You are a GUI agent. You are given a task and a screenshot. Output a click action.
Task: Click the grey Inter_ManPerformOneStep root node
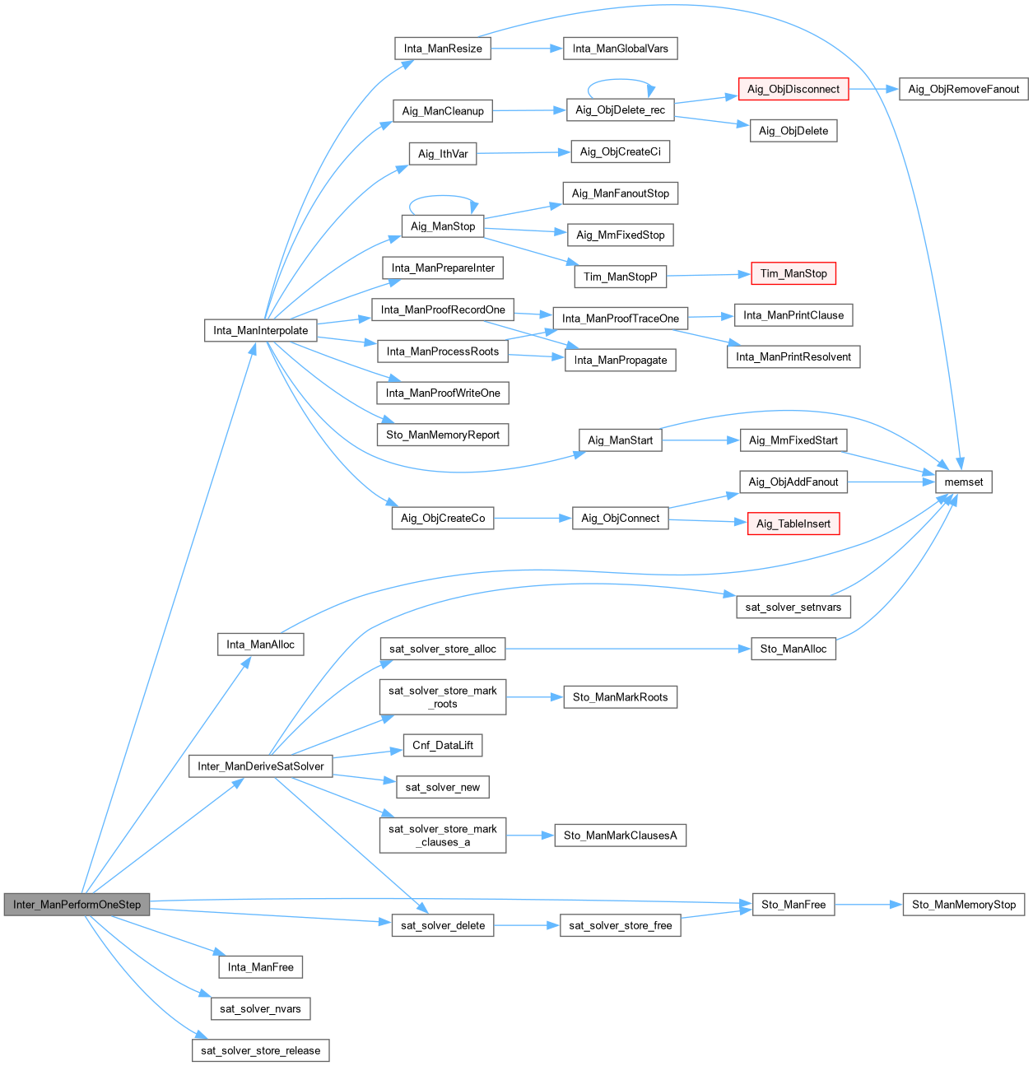77,904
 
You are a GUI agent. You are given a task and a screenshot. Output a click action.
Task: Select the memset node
963,482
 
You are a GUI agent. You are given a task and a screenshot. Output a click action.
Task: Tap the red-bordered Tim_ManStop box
793,273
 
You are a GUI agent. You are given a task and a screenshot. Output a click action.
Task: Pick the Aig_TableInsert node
793,524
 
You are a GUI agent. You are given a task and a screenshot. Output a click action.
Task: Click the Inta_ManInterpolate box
260,330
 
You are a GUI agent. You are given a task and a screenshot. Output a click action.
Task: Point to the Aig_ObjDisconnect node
793,89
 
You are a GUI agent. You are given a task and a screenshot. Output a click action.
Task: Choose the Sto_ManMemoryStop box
963,904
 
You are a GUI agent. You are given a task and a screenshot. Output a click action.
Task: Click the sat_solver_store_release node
260,1050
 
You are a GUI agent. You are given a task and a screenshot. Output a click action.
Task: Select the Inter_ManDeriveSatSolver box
260,766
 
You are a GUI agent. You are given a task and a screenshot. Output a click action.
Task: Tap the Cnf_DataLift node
442,745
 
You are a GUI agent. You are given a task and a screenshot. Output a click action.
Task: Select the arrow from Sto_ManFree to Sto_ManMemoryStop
868,904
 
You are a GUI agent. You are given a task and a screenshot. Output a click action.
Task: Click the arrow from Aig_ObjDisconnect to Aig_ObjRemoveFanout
873,89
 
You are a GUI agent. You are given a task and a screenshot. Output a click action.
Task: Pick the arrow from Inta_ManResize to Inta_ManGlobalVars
527,49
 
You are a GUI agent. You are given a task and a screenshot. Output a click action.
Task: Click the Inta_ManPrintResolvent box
793,356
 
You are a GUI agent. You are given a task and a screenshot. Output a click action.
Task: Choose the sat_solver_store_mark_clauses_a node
442,836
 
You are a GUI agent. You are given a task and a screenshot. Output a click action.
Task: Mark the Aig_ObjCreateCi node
620,151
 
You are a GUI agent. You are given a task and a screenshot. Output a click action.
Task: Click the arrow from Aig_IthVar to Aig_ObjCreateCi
523,152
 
